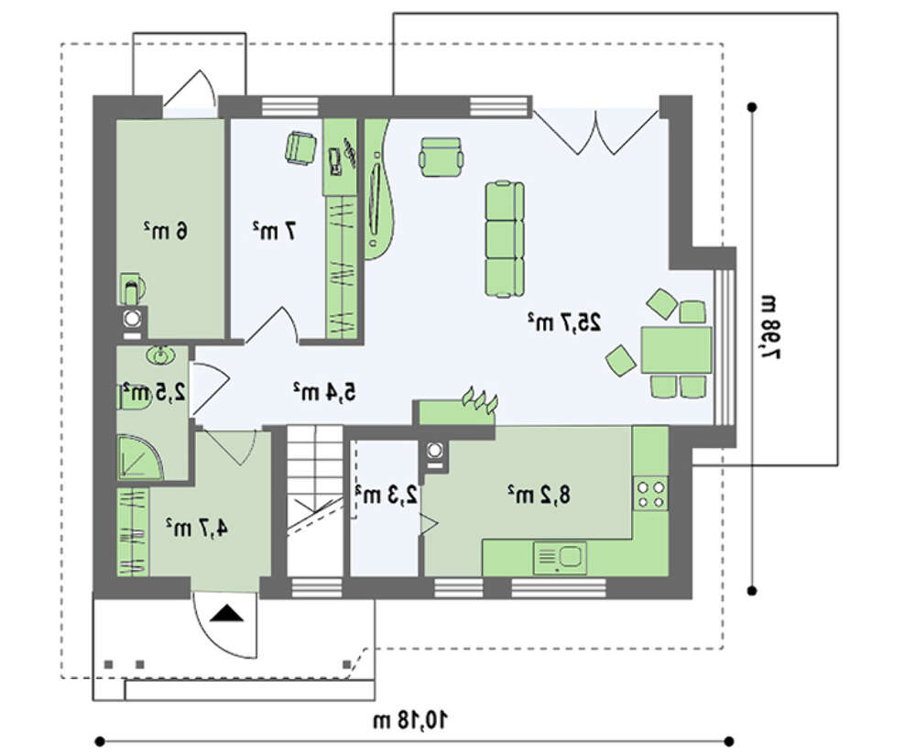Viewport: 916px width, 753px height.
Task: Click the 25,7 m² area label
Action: click(x=564, y=322)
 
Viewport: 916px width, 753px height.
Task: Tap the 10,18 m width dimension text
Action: click(x=410, y=720)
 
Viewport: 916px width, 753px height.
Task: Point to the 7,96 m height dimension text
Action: click(x=769, y=327)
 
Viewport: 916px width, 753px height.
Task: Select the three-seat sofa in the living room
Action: click(x=504, y=238)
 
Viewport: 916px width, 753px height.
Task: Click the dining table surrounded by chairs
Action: click(x=677, y=350)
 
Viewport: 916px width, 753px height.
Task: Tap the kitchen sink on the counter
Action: click(x=559, y=558)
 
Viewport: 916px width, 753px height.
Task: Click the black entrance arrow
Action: click(x=226, y=614)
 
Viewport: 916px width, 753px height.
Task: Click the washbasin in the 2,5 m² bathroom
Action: click(x=158, y=355)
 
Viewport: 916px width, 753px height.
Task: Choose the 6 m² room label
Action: click(x=166, y=231)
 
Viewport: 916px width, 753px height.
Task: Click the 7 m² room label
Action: click(x=274, y=231)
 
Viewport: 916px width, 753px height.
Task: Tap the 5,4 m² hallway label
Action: click(x=324, y=392)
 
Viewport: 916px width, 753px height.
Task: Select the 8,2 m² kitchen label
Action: click(x=538, y=494)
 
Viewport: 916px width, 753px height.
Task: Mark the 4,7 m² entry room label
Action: click(x=196, y=528)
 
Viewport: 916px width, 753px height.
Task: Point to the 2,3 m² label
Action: click(x=387, y=494)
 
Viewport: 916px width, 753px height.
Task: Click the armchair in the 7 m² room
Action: click(x=300, y=147)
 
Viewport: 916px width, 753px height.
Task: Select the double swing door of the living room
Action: click(x=596, y=132)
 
